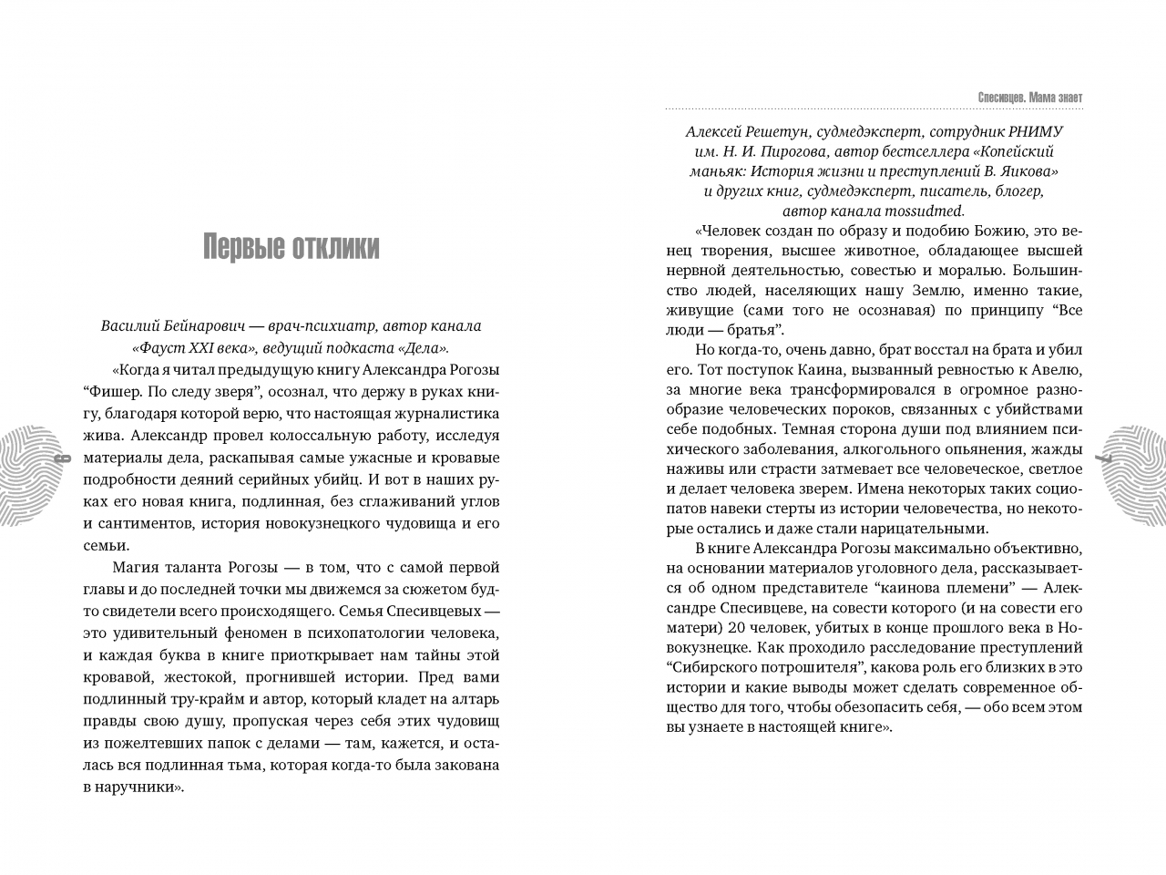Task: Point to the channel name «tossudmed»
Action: (x=895, y=211)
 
